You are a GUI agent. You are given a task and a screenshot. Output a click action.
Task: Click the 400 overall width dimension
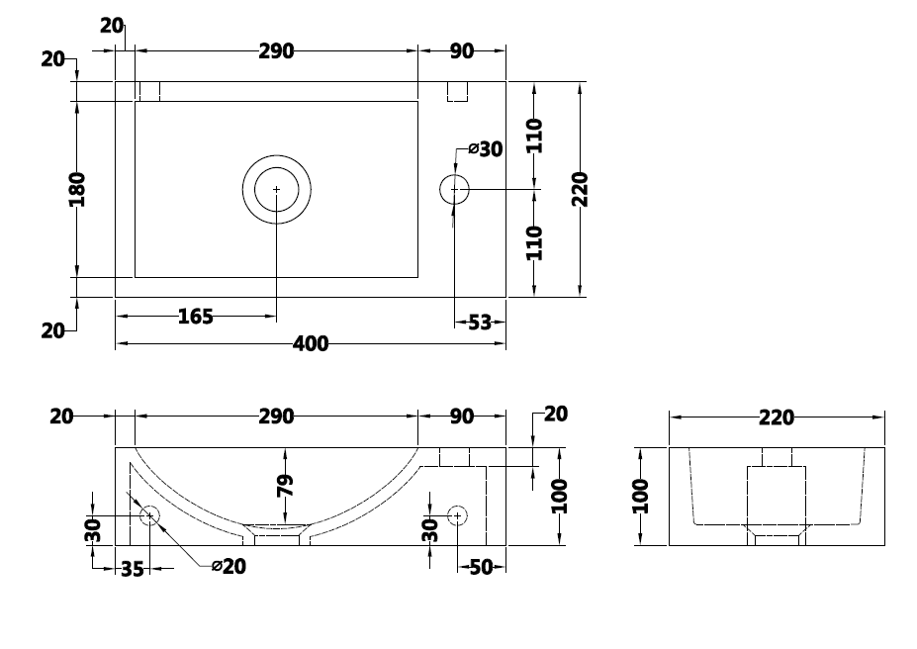pos(312,344)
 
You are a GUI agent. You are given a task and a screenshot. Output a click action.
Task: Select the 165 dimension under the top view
pos(195,317)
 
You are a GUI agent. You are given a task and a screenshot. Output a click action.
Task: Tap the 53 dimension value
pos(479,322)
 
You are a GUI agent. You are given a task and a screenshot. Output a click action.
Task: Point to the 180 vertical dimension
pos(77,189)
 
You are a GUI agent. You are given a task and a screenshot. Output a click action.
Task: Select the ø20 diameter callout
pos(229,566)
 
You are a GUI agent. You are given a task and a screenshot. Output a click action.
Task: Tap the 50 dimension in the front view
pos(481,567)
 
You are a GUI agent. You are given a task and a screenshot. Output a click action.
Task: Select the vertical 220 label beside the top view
pos(581,189)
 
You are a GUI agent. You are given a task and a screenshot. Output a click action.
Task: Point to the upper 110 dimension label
pos(535,135)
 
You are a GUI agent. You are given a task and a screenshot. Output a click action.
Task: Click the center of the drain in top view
pos(277,189)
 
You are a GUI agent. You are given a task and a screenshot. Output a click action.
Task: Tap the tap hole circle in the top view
pos(454,189)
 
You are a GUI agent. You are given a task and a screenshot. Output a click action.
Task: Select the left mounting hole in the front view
pos(150,514)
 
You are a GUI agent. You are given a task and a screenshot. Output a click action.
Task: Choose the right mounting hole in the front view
pos(457,515)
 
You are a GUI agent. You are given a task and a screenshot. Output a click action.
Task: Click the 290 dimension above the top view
pos(276,51)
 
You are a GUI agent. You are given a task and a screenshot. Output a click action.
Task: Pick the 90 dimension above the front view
pos(462,417)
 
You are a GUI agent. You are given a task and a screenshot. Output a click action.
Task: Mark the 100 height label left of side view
pos(640,496)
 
